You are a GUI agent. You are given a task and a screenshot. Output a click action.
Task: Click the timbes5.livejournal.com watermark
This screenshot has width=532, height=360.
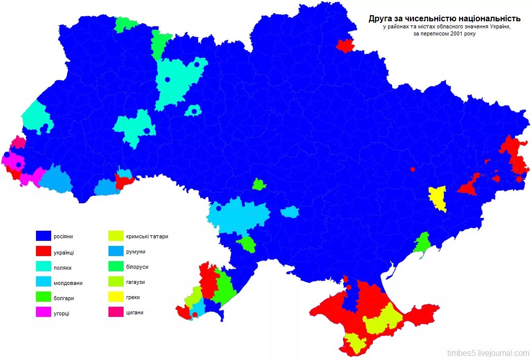487,353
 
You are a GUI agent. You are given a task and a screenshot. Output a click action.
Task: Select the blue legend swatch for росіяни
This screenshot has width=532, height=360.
44,236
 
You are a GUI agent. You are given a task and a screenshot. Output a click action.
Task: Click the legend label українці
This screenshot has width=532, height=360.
64,252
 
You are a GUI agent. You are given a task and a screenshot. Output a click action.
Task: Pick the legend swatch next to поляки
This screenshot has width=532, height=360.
44,267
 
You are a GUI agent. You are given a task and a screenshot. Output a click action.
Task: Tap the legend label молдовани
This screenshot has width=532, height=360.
68,283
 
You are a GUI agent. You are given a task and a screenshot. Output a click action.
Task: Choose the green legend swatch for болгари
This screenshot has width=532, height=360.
44,298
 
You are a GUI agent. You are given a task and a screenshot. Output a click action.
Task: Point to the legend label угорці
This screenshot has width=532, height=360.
62,313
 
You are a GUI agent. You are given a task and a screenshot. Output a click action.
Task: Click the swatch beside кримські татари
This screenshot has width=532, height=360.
116,236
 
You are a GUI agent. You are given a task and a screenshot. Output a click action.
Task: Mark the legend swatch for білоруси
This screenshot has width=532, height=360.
116,266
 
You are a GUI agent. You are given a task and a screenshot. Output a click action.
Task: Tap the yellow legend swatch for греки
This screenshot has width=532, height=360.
116,297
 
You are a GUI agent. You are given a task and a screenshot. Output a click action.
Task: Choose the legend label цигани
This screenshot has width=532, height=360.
135,312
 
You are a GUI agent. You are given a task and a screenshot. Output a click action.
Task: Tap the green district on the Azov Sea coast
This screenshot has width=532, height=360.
422,243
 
